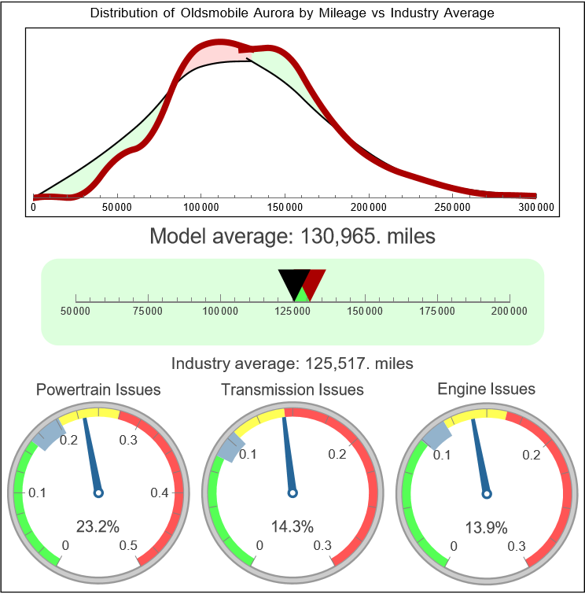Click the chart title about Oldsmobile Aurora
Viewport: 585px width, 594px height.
[x=292, y=13]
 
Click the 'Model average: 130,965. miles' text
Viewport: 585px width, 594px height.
[x=292, y=235]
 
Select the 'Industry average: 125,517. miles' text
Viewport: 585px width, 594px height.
[x=292, y=363]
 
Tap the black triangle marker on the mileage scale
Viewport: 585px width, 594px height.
[x=292, y=282]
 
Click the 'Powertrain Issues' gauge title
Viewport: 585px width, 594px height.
[x=98, y=389]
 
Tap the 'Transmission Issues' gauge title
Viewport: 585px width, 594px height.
[x=292, y=389]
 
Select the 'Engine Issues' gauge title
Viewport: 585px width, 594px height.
[x=486, y=389]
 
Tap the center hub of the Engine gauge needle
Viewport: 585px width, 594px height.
[x=487, y=493]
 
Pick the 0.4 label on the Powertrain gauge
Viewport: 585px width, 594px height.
[x=160, y=493]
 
